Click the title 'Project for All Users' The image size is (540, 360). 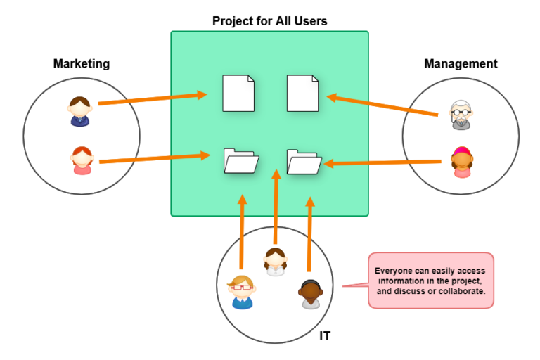269,21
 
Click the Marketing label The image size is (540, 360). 82,64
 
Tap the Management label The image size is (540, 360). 461,64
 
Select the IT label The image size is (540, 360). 325,336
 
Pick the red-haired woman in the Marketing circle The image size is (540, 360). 82,160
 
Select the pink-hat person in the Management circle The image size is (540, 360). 462,162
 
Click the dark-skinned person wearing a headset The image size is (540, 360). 309,294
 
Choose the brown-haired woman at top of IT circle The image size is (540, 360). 275,262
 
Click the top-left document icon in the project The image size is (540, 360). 238,94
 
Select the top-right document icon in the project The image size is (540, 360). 302,94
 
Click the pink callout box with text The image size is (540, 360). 430,280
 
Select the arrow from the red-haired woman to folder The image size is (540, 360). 155,159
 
